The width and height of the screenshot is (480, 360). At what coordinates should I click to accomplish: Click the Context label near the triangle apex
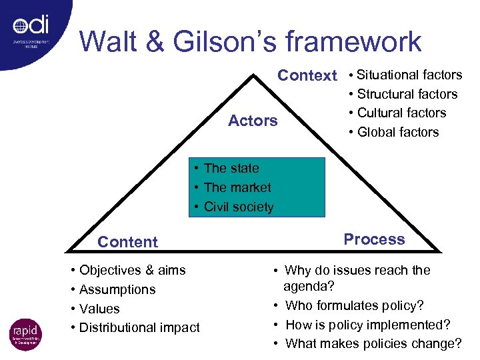[307, 75]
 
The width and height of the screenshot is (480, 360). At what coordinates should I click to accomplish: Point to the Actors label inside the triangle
[253, 121]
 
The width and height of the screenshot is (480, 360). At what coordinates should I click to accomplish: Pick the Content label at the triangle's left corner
[127, 242]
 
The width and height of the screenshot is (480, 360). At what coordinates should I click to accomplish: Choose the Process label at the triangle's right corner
[374, 239]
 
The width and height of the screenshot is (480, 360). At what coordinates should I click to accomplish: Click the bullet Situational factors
[409, 75]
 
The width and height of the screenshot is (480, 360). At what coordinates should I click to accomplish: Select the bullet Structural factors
[407, 94]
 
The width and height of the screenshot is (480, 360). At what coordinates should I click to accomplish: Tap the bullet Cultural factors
[401, 113]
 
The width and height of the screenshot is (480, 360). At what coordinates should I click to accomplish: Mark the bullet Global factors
[398, 132]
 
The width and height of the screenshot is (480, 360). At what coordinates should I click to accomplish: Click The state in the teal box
[231, 169]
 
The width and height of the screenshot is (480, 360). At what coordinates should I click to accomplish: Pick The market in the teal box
[237, 187]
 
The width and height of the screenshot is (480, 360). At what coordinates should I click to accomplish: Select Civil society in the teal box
[239, 207]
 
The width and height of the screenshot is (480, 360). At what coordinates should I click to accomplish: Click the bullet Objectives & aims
[132, 270]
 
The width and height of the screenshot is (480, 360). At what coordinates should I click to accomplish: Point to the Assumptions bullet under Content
[117, 289]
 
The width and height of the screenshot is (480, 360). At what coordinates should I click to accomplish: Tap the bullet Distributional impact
[139, 327]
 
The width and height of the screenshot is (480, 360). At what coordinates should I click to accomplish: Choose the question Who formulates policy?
[354, 306]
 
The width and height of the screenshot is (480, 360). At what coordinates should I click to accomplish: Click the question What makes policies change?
[373, 343]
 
